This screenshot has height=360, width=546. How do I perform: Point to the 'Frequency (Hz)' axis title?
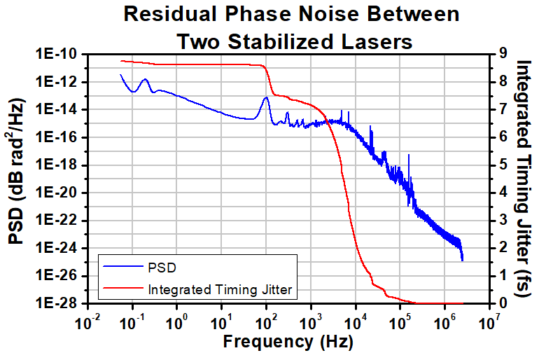tap(288, 342)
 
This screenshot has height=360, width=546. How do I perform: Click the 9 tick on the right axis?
tap(498, 55)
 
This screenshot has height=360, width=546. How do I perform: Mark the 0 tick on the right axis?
tap(498, 304)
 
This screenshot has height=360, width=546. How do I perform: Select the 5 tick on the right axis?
tap(498, 165)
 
